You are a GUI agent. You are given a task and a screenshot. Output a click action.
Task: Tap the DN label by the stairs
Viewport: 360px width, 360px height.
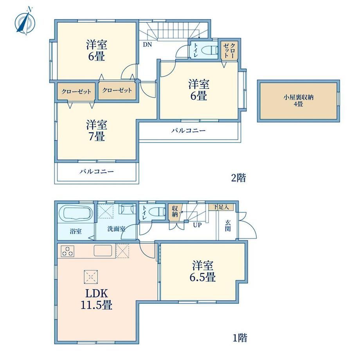[x=148, y=45]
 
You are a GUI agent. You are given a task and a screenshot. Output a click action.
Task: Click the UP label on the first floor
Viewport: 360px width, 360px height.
[x=197, y=225]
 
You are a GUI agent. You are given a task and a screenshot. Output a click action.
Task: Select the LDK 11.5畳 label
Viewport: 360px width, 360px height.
[x=97, y=299]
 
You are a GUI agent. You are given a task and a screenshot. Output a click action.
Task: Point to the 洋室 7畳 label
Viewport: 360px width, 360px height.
[x=97, y=131]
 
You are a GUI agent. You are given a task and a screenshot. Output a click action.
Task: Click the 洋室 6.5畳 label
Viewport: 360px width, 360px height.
[x=203, y=271]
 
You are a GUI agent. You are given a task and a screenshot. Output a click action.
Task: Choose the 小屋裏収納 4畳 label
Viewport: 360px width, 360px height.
[x=299, y=101]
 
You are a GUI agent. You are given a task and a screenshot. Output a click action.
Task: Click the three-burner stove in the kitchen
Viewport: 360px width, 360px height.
[x=67, y=251]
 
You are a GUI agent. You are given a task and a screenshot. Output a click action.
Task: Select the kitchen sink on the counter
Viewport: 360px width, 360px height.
[x=103, y=250]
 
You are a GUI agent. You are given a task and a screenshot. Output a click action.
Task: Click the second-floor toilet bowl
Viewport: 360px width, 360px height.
[x=211, y=50]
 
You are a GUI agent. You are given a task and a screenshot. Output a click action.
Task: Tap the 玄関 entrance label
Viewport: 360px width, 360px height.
[x=228, y=225]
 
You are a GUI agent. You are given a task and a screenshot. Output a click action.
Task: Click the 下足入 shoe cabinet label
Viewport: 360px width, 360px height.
[x=221, y=207]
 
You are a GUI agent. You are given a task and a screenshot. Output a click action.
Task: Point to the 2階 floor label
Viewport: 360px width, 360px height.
[x=238, y=178]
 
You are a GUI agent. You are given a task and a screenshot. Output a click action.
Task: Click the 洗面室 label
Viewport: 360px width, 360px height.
[x=116, y=229]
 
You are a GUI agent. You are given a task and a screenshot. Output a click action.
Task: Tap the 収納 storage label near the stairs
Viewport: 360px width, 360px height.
[x=175, y=211]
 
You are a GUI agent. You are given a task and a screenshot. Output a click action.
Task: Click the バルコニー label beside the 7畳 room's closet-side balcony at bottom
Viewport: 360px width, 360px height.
[x=97, y=171]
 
